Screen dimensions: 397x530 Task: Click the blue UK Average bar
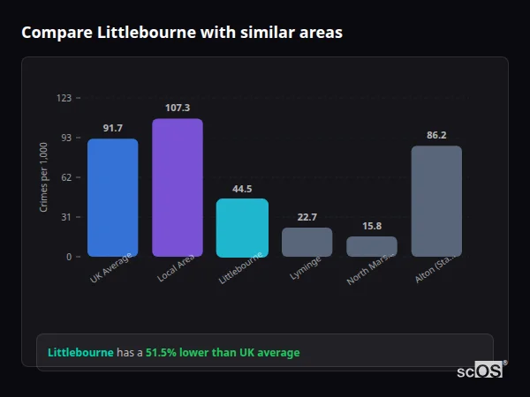point(112,198)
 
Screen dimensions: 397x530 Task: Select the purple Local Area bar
point(177,188)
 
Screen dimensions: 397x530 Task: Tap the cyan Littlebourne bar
point(242,228)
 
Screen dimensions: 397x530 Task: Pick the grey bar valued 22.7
point(307,242)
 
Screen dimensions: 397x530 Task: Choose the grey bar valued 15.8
point(372,246)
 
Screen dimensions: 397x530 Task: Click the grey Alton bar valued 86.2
point(436,201)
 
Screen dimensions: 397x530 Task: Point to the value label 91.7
point(112,129)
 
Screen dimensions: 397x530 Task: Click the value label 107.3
point(177,108)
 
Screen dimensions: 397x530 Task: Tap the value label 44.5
point(242,189)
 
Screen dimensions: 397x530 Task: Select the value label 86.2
point(436,135)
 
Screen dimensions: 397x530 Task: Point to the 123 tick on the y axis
point(64,98)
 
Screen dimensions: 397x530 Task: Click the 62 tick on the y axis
point(65,177)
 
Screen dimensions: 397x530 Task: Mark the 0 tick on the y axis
point(68,257)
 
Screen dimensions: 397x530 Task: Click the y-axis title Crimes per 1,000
point(44,177)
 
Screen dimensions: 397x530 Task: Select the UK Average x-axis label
point(111,268)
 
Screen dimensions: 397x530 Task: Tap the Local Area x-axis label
point(177,268)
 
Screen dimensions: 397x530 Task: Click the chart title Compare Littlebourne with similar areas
point(182,33)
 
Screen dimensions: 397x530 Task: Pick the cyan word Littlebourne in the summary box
point(80,353)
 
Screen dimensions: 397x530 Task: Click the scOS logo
point(481,371)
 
